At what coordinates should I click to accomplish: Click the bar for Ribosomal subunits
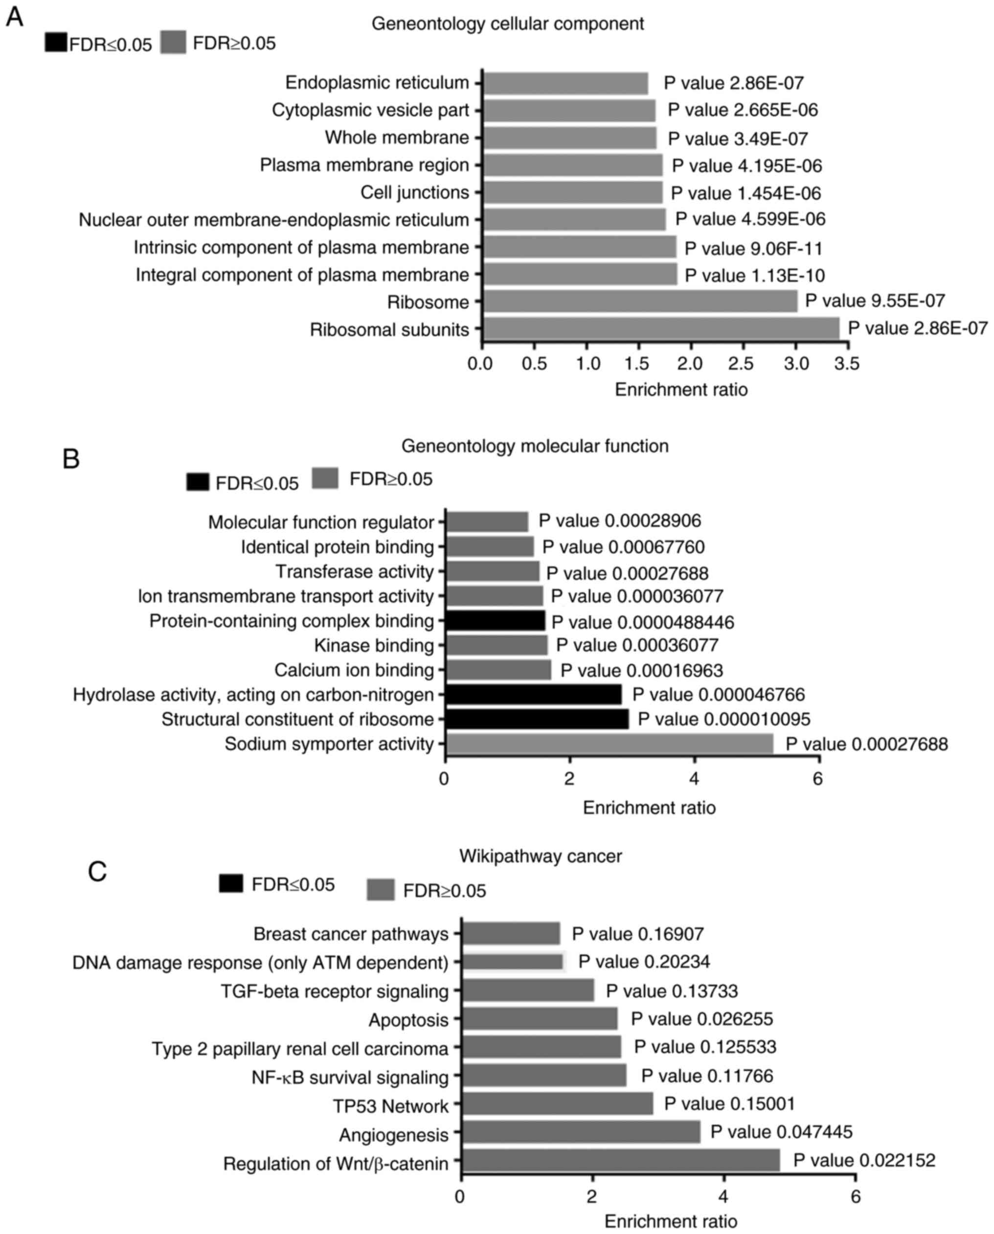(x=661, y=329)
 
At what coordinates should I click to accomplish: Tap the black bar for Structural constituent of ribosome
(x=537, y=719)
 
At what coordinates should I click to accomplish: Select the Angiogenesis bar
(x=581, y=1133)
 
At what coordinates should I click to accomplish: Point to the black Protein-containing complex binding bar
(x=495, y=621)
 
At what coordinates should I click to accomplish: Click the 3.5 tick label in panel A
(x=847, y=363)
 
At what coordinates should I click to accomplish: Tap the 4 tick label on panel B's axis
(x=694, y=779)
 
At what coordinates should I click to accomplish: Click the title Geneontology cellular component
(x=507, y=23)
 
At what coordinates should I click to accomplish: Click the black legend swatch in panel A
(x=56, y=43)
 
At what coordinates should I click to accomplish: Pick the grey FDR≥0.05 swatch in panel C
(x=380, y=890)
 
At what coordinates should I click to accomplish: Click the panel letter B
(x=71, y=460)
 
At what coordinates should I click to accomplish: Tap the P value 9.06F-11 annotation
(x=753, y=249)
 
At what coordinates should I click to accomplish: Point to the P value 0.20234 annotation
(x=644, y=961)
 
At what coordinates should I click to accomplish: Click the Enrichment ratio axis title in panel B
(x=649, y=807)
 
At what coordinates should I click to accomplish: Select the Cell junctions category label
(x=414, y=192)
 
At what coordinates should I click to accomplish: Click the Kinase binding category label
(x=374, y=646)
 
